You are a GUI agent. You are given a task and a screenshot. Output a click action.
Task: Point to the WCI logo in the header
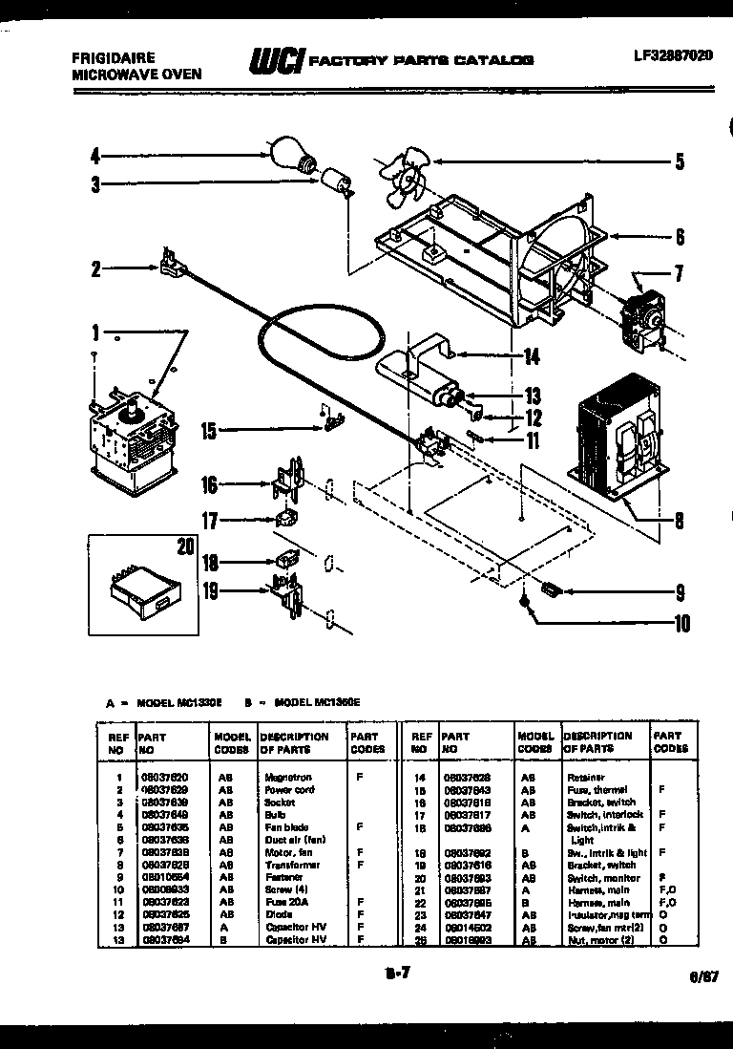pos(276,59)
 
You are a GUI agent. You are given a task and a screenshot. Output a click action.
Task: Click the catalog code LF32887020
pos(672,54)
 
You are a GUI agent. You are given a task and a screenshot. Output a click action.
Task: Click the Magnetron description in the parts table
pos(288,778)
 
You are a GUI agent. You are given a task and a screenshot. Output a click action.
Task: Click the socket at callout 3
pos(335,181)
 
